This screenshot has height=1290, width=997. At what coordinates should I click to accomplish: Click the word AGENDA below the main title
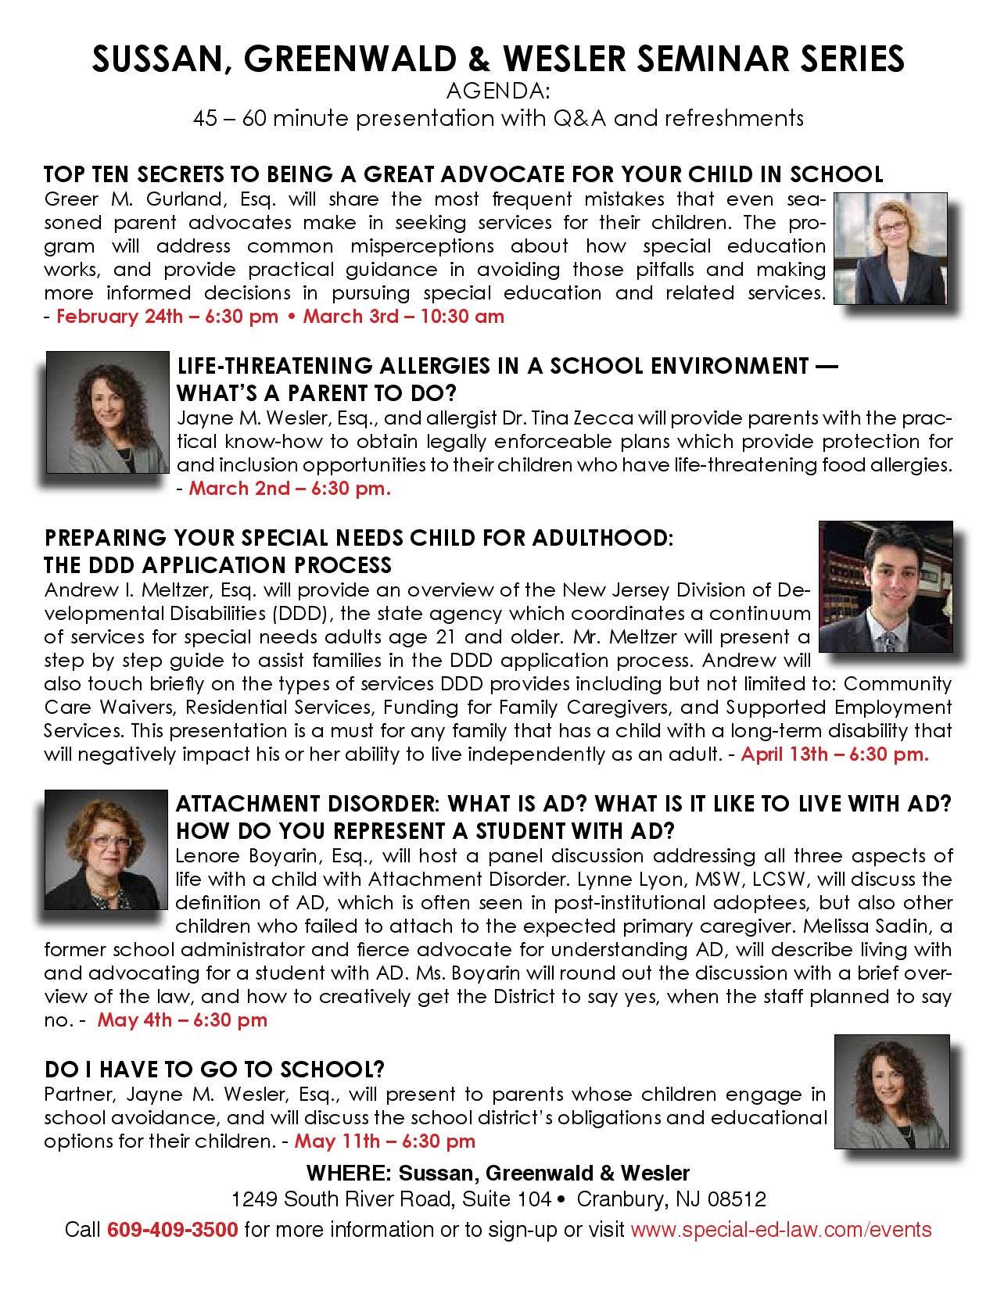[498, 92]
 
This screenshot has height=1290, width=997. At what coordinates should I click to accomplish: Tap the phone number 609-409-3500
[172, 1229]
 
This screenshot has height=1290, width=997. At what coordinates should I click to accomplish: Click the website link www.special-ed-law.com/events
[780, 1229]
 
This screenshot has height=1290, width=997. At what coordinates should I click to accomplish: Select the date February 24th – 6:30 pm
[167, 317]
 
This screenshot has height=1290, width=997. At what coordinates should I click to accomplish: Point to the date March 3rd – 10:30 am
[403, 317]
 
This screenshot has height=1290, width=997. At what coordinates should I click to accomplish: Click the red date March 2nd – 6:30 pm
[290, 489]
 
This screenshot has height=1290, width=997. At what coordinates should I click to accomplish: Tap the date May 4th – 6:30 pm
[182, 1020]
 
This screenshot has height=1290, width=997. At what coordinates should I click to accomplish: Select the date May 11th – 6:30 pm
[385, 1141]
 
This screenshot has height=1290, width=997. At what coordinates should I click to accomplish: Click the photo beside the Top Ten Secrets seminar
[891, 250]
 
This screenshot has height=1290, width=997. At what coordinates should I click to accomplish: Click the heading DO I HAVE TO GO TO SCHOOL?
[214, 1069]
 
